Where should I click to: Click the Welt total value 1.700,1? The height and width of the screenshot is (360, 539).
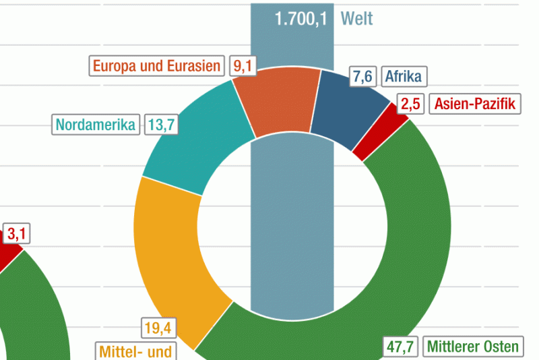300,18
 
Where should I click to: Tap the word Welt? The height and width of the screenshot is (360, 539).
357,18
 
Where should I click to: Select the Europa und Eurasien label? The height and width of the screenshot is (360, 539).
157,66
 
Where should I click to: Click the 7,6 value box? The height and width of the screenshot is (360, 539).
362,77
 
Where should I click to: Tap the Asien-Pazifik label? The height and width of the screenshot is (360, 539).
475,104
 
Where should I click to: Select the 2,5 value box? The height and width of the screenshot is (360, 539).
411,104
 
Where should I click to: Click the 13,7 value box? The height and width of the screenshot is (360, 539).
160,124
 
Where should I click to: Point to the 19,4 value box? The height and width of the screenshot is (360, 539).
159,328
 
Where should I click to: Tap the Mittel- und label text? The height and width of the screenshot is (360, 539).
135,351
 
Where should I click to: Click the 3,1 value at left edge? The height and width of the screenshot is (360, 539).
17,234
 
